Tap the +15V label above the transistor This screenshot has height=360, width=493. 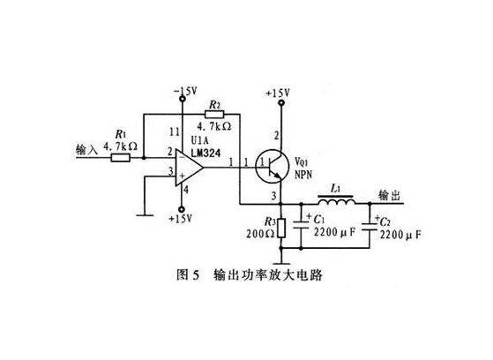(279, 92)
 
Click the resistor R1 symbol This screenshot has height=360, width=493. (120, 158)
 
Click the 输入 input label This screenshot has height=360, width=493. (89, 151)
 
